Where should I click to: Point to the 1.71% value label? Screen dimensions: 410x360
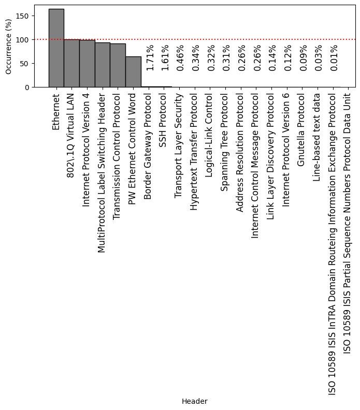[x=150, y=57]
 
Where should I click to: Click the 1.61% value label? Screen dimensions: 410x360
[x=165, y=57]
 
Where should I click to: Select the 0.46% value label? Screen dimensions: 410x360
[x=181, y=57]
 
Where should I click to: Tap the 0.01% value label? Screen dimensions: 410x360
[x=334, y=57]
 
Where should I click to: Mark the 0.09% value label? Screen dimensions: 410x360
[x=304, y=57]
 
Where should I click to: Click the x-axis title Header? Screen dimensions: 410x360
[x=194, y=401]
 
